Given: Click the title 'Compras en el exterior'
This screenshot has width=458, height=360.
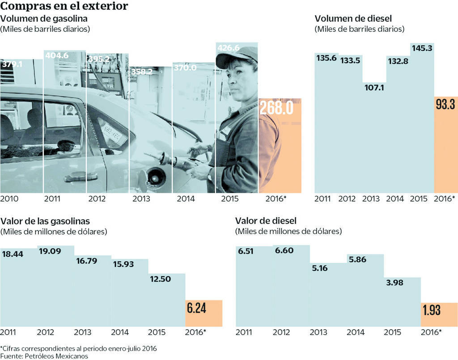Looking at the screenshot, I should click(x=64, y=6).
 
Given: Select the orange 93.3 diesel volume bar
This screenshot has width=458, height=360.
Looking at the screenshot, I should click(x=445, y=148).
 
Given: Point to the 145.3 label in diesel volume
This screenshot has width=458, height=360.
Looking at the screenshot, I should click(x=421, y=47).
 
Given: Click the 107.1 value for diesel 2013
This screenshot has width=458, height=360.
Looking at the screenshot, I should click(x=374, y=88).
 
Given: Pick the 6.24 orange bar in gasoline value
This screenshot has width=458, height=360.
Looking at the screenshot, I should click(x=204, y=313).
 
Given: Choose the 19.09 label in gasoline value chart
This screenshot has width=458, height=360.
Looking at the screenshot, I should click(x=49, y=251).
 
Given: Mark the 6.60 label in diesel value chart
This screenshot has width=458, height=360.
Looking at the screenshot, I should click(x=284, y=250).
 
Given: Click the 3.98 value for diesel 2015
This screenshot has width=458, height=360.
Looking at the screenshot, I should click(x=395, y=283).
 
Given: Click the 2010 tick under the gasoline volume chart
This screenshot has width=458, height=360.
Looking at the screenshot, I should click(x=9, y=198).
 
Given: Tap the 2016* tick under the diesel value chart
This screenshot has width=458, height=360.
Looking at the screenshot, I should click(x=431, y=332).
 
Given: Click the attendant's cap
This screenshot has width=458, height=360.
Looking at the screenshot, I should click(x=237, y=56).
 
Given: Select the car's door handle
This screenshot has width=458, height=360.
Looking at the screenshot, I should click(x=81, y=177).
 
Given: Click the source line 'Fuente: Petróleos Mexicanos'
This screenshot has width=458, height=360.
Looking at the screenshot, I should click(x=44, y=356).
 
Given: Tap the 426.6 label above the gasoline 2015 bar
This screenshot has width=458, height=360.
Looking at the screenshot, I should click(x=228, y=48).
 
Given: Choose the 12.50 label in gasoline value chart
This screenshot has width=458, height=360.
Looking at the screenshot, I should click(x=160, y=279).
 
